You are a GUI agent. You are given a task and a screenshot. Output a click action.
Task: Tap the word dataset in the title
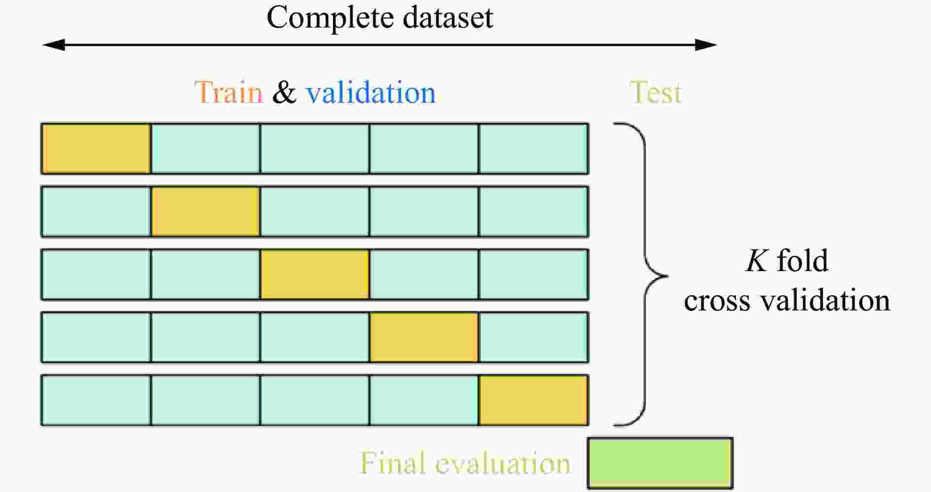[448, 18]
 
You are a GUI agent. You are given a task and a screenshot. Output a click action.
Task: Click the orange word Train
[229, 92]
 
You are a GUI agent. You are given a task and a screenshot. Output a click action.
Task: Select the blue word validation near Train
[370, 92]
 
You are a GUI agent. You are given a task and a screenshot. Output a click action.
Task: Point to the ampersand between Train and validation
[284, 92]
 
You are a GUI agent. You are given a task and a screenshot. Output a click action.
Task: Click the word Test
[655, 92]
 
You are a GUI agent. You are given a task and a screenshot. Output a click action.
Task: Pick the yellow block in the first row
[96, 149]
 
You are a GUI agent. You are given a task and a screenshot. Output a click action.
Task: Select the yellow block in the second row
[205, 212]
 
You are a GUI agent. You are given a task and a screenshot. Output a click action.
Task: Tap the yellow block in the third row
[315, 275]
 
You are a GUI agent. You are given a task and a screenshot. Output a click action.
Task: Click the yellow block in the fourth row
[424, 338]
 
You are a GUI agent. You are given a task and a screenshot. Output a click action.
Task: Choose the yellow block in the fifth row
[533, 400]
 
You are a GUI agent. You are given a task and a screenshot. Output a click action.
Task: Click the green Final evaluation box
[660, 463]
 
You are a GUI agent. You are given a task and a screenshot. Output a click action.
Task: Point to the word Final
[392, 463]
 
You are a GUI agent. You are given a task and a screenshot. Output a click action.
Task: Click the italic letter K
[757, 261]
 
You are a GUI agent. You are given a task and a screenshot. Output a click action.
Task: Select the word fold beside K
[802, 260]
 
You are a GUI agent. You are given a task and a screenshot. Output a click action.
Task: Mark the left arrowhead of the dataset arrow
[53, 45]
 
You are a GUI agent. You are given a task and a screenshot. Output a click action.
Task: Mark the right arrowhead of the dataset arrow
[706, 45]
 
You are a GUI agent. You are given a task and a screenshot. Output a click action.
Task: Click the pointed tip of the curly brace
[668, 276]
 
